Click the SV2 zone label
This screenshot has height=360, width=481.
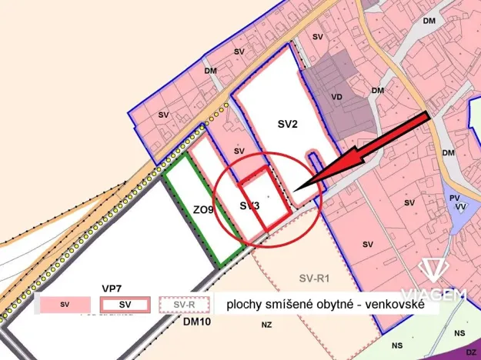[x=287, y=122]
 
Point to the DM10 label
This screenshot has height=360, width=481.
[x=197, y=322]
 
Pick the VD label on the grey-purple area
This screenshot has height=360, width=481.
[x=336, y=98]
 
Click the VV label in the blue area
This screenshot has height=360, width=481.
[x=460, y=207]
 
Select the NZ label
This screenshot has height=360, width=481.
[x=266, y=325]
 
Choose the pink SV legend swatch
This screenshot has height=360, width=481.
[x=62, y=305]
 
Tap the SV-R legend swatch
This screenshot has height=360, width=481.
[x=184, y=305]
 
